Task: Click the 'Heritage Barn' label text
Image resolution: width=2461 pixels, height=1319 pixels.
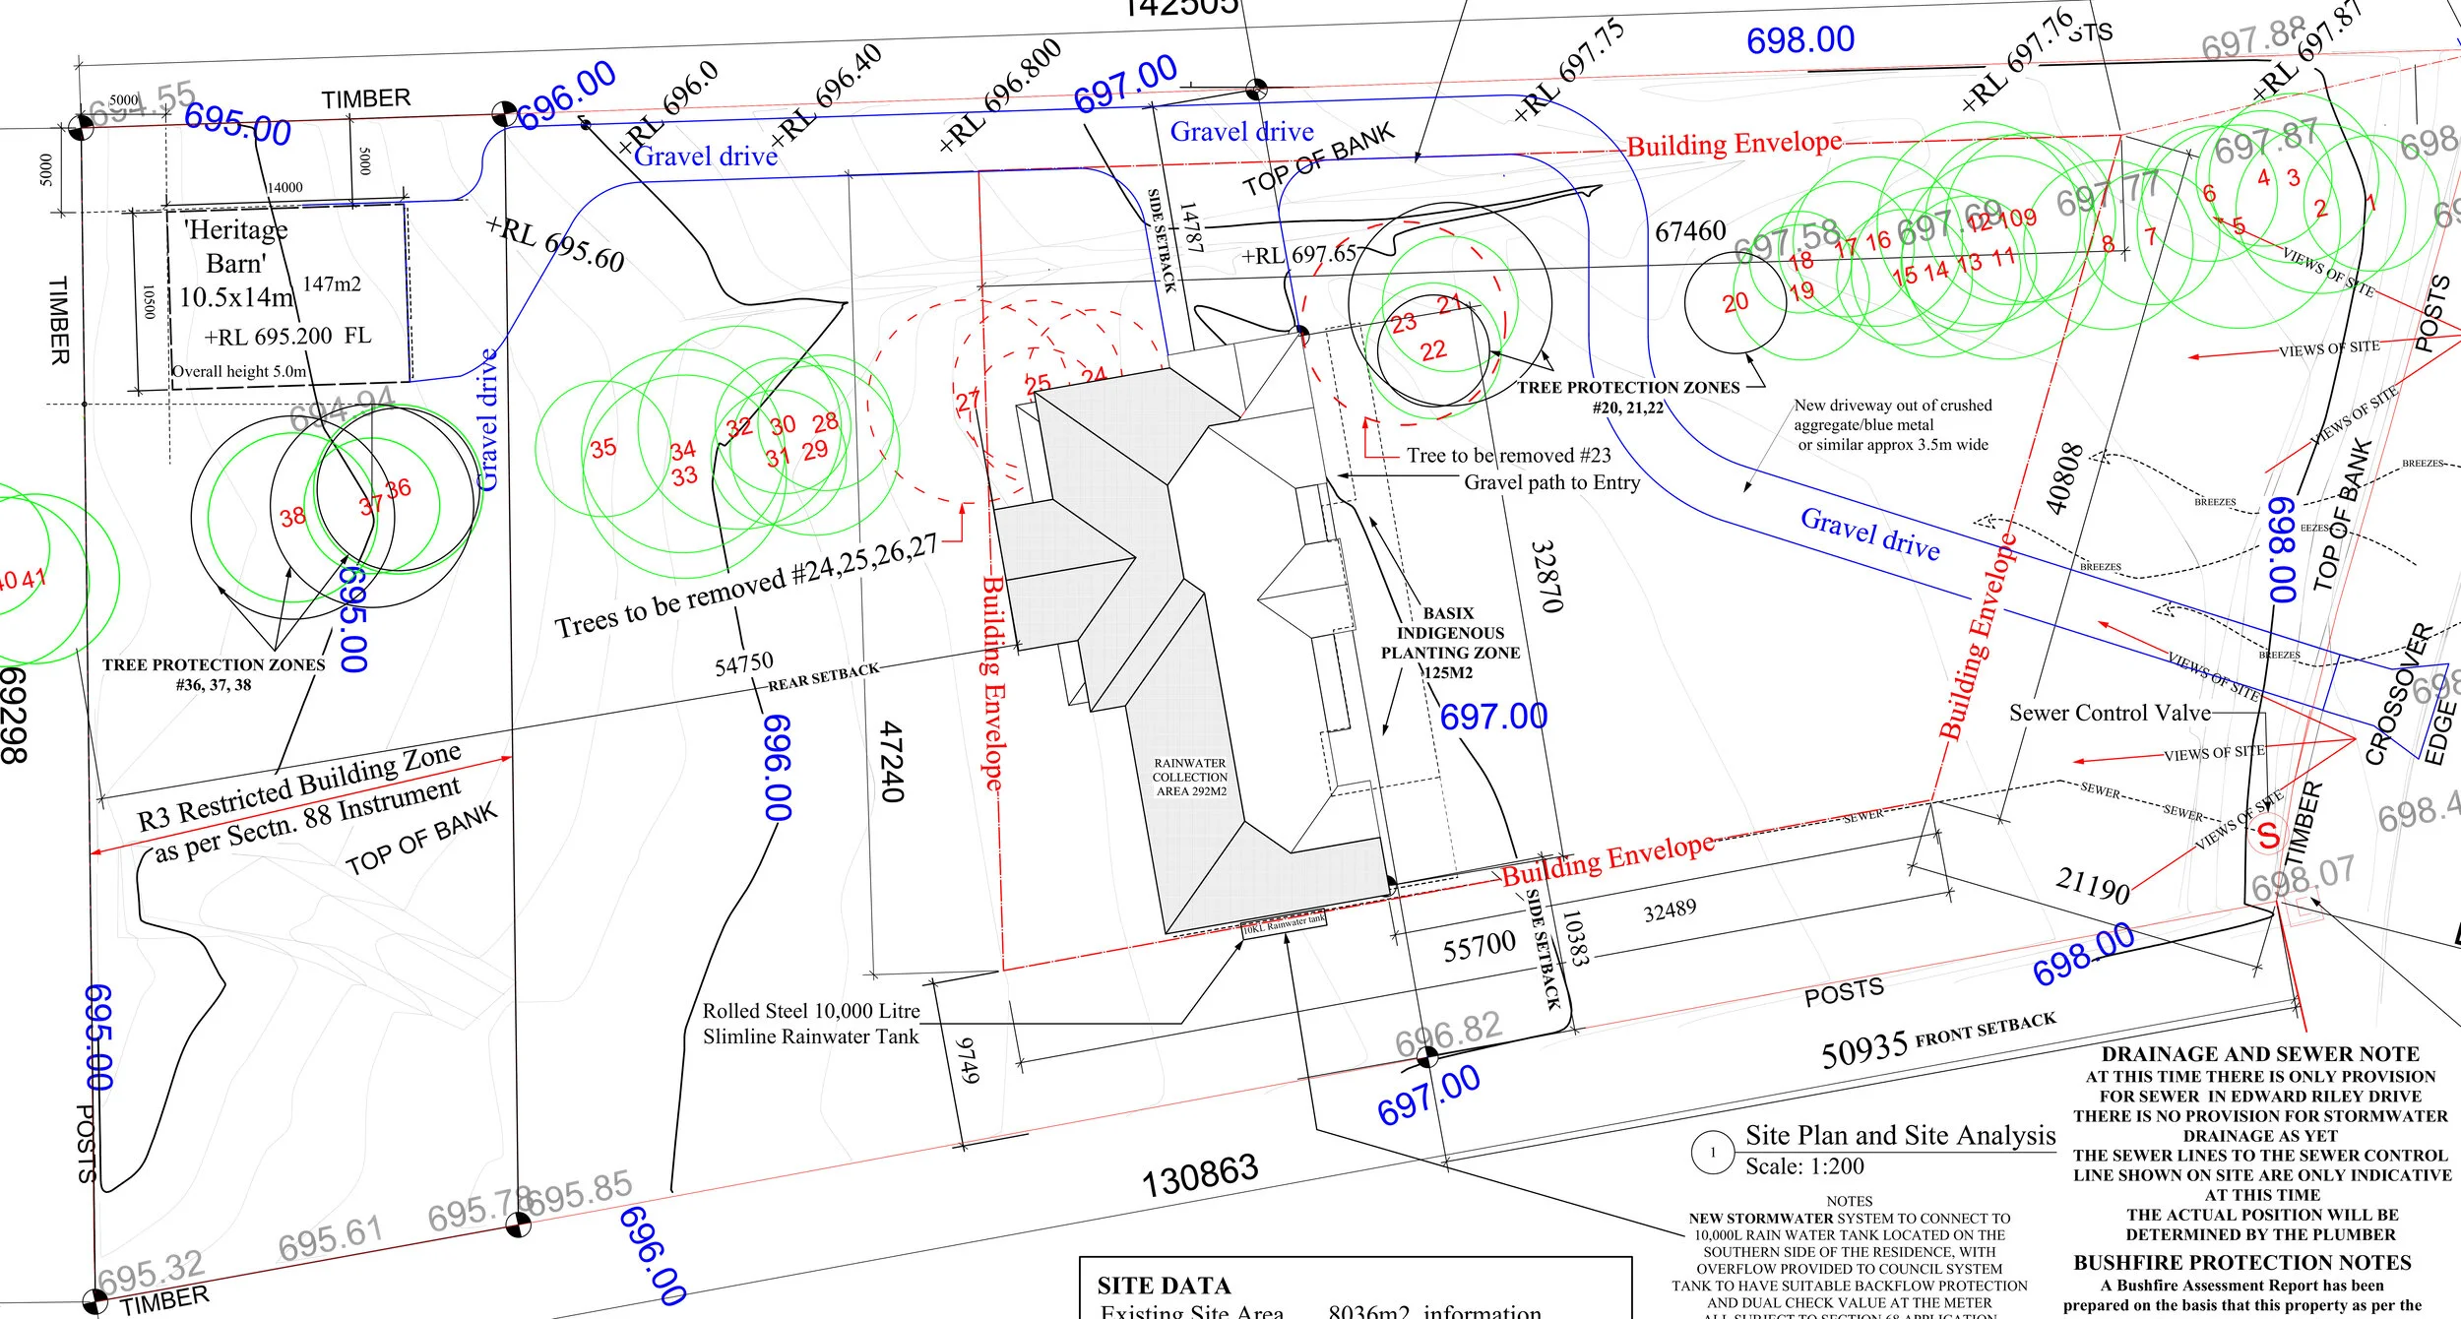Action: (x=236, y=246)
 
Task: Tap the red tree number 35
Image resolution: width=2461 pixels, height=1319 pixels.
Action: (x=602, y=448)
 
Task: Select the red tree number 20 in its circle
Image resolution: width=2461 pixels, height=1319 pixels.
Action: (x=1735, y=302)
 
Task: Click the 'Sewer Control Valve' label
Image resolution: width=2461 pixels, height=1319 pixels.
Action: (x=2110, y=713)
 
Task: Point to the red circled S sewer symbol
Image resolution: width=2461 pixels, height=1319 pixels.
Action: (x=2268, y=835)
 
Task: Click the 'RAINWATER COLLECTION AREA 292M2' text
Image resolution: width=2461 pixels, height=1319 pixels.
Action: (x=1190, y=777)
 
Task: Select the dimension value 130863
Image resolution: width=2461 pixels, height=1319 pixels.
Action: (x=1200, y=1175)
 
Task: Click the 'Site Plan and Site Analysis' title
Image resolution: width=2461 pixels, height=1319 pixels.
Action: (x=1900, y=1135)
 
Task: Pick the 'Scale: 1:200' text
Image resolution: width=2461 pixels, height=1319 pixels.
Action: (x=1804, y=1166)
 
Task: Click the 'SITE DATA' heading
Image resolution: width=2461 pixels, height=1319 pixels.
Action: (x=1164, y=1286)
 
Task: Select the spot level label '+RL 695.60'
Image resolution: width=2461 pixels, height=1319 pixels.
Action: (x=556, y=245)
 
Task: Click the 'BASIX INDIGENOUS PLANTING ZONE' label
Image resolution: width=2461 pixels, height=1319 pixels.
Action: (x=1450, y=633)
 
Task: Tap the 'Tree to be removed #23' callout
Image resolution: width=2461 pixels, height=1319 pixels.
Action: (x=1508, y=455)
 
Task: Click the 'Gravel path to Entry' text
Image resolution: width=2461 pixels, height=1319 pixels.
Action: (x=1551, y=482)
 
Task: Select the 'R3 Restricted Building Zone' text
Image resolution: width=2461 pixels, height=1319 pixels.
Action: (x=298, y=786)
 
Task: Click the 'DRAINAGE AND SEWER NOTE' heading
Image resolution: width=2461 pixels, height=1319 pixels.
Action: (x=2260, y=1053)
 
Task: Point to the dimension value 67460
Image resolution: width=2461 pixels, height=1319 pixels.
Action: (x=1690, y=231)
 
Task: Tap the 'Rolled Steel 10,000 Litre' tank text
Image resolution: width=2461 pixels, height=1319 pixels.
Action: (x=810, y=1011)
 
